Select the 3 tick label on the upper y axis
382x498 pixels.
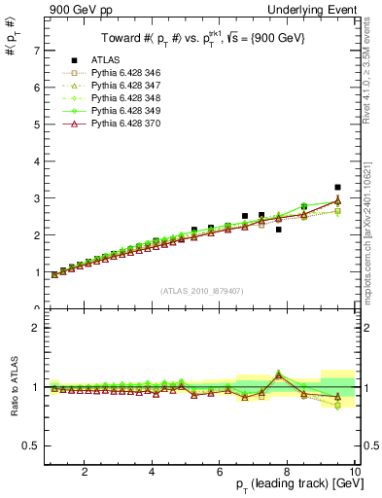click(36, 198)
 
